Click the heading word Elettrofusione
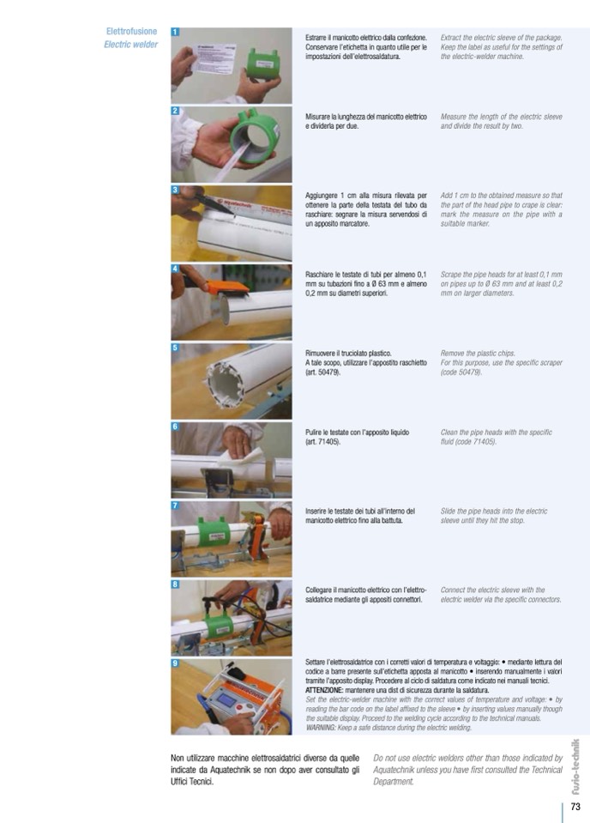click(132, 32)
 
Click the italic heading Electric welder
click(130, 45)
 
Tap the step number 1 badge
click(175, 32)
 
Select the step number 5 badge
click(175, 348)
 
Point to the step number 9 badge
click(175, 663)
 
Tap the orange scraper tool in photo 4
click(226, 286)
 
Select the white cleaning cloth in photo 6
click(243, 460)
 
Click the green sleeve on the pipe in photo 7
click(214, 535)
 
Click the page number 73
click(575, 806)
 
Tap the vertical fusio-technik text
click(575, 767)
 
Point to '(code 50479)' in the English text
click(461, 372)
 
